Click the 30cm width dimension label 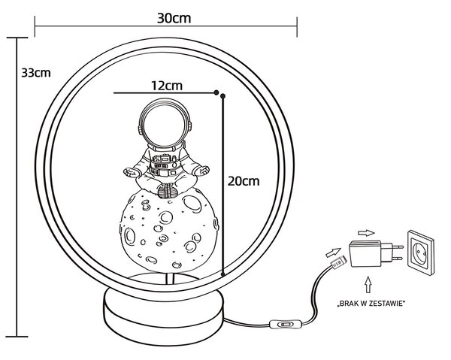174,18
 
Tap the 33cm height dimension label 36,73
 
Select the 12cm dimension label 167,86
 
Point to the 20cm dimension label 244,181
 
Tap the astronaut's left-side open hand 132,172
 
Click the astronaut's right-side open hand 201,171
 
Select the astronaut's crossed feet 167,191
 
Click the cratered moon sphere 169,229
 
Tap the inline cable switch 283,325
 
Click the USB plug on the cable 339,262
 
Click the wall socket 421,253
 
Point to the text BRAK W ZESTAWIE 371,304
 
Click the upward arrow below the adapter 368,285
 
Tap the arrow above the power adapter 367,233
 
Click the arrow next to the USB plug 333,253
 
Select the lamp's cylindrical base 163,316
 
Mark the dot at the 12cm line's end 216,92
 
